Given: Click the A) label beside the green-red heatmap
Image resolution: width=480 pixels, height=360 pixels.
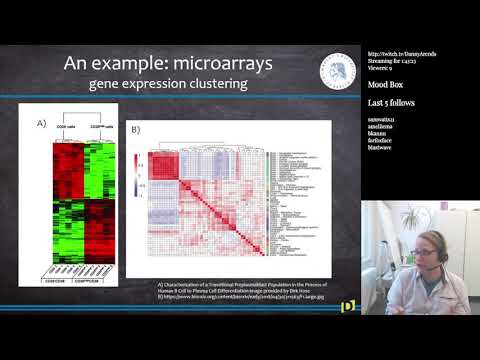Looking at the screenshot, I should [41, 123].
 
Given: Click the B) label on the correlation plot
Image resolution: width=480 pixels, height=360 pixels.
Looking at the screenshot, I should [134, 130].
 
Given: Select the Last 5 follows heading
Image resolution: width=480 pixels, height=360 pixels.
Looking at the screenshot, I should [391, 103].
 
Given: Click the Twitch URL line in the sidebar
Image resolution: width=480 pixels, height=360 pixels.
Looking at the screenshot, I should [401, 53].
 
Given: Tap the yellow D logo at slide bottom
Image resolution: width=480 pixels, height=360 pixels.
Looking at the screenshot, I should [348, 305].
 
